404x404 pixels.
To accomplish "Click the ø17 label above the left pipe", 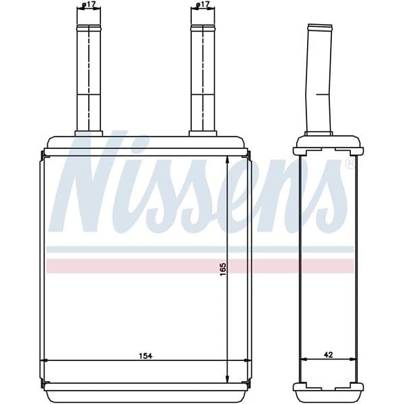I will pyautogui.click(x=88, y=5).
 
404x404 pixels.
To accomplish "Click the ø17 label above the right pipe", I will pyautogui.click(x=202, y=5).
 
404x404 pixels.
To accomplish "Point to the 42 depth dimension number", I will pyautogui.click(x=328, y=354).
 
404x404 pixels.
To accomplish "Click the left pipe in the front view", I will pyautogui.click(x=88, y=81).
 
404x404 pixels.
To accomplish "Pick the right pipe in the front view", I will pyautogui.click(x=203, y=81).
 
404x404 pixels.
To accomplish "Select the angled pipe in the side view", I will pyautogui.click(x=319, y=81).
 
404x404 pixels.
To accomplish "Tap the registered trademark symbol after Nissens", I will pyautogui.click(x=349, y=164).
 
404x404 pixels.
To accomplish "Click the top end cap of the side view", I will pyautogui.click(x=328, y=143).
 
